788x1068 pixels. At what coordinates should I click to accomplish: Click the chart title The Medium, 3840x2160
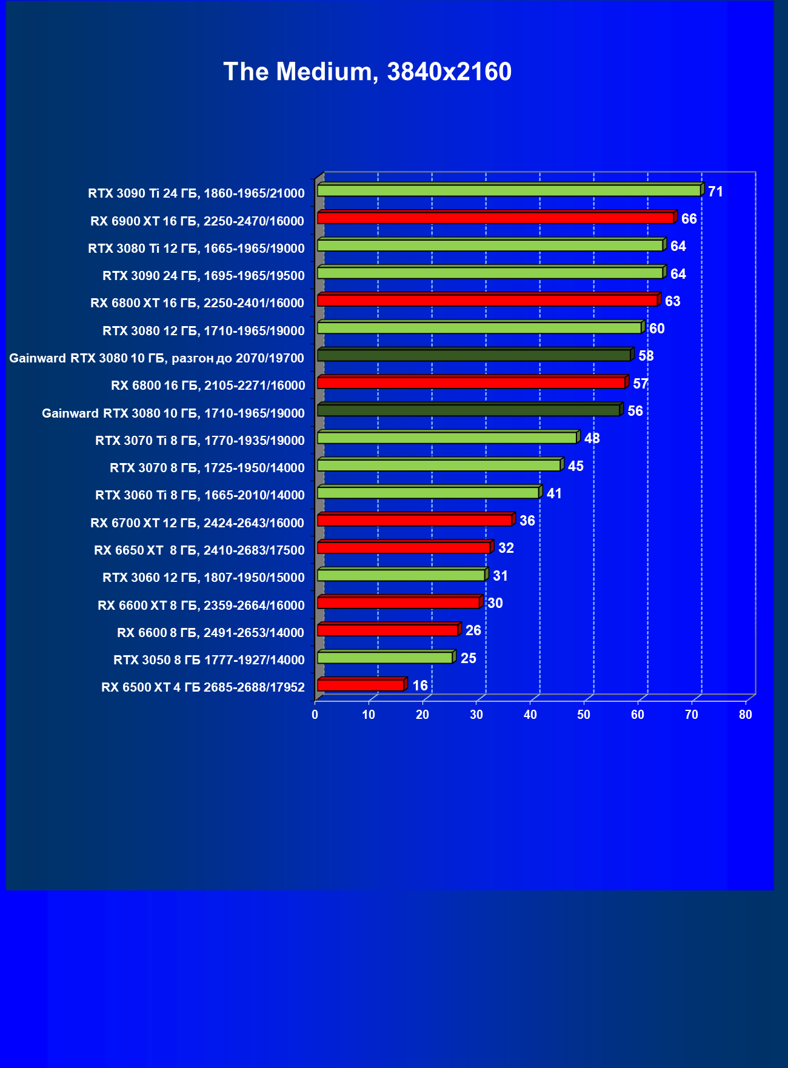tap(367, 72)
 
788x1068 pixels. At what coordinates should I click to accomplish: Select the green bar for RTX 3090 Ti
tap(509, 190)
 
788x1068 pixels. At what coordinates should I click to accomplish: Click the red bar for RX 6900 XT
tap(495, 218)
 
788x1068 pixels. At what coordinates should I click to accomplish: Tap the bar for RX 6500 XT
tap(361, 685)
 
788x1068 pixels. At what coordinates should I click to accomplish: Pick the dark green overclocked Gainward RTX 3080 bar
tap(474, 355)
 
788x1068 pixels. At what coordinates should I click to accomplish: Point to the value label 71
tap(715, 192)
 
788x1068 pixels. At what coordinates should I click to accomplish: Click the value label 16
tap(420, 686)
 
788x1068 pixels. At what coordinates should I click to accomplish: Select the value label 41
tap(554, 493)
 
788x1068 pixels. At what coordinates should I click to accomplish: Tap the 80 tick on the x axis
tap(746, 715)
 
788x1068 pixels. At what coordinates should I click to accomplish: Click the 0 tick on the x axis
tap(315, 715)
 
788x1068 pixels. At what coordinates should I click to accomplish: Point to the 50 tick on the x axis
tap(584, 715)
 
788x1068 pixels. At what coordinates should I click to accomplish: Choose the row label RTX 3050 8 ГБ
tap(209, 659)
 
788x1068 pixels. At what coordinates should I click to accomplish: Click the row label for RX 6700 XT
tap(197, 522)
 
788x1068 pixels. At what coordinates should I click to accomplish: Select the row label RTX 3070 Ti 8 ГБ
tap(199, 440)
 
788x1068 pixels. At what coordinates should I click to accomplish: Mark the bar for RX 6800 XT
tap(487, 300)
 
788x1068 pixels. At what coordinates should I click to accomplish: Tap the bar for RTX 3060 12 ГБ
tap(401, 575)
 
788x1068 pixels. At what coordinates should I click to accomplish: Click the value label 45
tap(575, 466)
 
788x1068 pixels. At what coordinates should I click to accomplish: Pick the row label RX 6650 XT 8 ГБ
tap(199, 550)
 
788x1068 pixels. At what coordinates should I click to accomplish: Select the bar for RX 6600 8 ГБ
tap(387, 630)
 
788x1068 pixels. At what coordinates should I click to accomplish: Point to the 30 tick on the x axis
tap(476, 715)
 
